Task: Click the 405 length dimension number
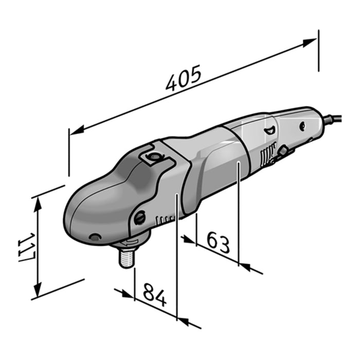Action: [x=183, y=79]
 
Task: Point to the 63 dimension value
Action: [x=218, y=242]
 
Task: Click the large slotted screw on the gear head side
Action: [x=140, y=218]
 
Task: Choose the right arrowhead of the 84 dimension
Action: [x=183, y=322]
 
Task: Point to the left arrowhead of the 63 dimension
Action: [x=189, y=240]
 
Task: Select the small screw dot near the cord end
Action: [x=302, y=124]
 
